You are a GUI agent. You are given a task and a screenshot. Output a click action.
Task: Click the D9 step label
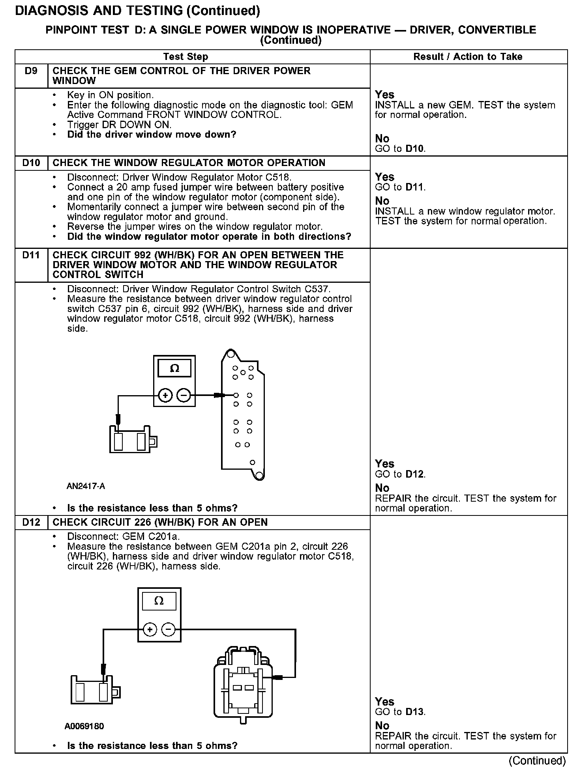[31, 71]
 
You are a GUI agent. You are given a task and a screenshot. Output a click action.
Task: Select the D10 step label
[31, 163]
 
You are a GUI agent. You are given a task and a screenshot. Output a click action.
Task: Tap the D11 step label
[31, 255]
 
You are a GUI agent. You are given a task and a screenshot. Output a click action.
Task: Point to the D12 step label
[31, 522]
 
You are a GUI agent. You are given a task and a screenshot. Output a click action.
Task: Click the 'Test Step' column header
[186, 57]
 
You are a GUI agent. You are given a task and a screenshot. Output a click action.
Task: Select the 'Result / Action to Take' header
[468, 57]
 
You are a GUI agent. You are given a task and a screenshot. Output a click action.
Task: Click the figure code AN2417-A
[86, 486]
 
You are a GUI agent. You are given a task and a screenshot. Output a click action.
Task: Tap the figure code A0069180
[84, 726]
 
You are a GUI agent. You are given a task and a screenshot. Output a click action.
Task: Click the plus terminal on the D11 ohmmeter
[165, 395]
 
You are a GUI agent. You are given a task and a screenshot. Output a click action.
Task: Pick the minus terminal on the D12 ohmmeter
[169, 630]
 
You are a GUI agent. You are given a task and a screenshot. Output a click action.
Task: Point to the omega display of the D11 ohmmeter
[174, 369]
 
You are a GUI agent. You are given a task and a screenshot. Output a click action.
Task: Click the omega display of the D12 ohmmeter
[159, 601]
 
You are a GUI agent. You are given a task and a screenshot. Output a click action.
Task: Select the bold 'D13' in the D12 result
[414, 712]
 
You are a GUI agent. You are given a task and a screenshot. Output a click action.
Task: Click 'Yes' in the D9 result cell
[384, 95]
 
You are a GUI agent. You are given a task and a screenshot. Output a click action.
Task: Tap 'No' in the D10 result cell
[382, 201]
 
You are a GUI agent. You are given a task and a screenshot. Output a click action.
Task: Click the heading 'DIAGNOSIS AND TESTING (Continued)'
[137, 11]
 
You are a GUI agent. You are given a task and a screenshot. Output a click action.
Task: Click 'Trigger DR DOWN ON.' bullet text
[119, 125]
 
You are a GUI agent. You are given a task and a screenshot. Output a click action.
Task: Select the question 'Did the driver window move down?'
[152, 134]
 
